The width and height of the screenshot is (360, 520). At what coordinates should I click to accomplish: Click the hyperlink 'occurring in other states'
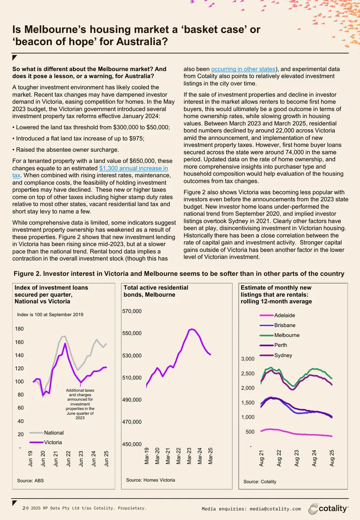pos(243,69)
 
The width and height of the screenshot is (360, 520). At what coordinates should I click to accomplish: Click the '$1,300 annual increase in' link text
pos(134,168)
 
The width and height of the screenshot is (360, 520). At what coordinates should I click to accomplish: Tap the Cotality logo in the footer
pos(328,509)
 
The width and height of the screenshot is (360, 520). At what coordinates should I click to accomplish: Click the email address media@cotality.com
pos(275,509)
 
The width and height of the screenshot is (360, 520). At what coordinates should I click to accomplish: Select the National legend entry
pos(46,433)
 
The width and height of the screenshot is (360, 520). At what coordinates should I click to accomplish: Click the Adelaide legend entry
pos(277,316)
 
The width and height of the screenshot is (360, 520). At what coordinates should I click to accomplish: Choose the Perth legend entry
pos(274,345)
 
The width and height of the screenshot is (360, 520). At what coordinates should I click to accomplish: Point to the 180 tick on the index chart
pos(19,329)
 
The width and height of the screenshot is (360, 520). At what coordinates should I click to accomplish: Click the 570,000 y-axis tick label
pos(132,311)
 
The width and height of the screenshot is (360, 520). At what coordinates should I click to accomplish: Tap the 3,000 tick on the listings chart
pos(248,359)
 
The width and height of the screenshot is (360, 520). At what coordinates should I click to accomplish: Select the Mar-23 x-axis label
pos(189,456)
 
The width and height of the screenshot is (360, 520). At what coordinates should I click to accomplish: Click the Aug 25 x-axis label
pos(332,458)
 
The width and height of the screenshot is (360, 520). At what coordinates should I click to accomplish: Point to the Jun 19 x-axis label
pos(30,459)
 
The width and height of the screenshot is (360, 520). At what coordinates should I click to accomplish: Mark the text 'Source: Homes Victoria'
pos(150,480)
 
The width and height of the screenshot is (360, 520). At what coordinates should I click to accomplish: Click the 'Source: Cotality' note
pos(260,482)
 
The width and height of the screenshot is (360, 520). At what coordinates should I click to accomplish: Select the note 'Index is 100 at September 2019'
pos(50,314)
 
